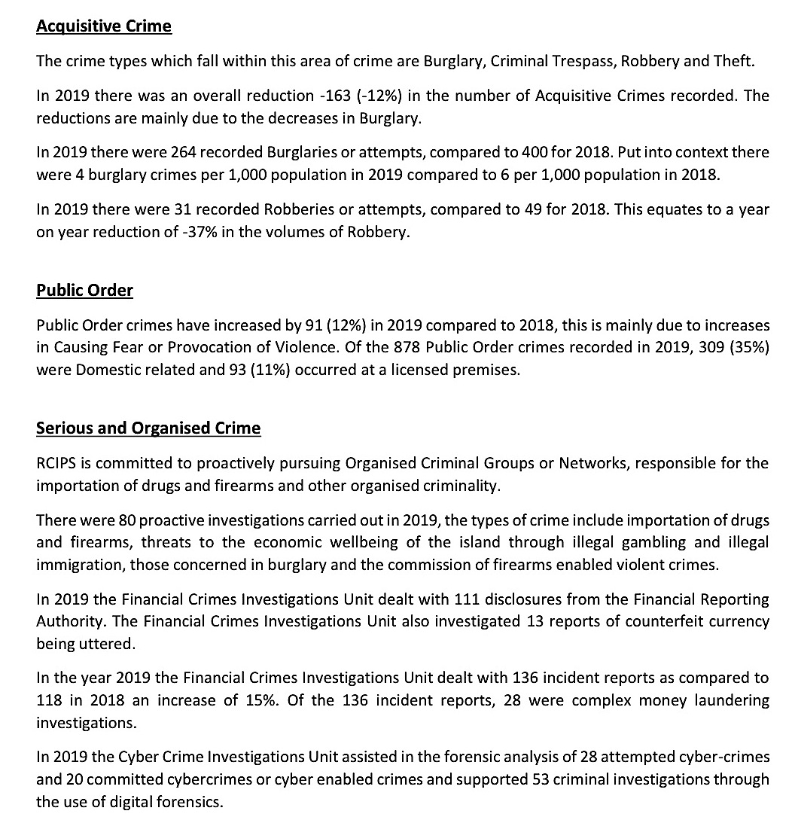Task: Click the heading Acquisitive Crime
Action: coord(104,26)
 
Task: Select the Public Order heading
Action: coord(84,290)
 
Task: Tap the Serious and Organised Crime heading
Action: coord(148,428)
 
